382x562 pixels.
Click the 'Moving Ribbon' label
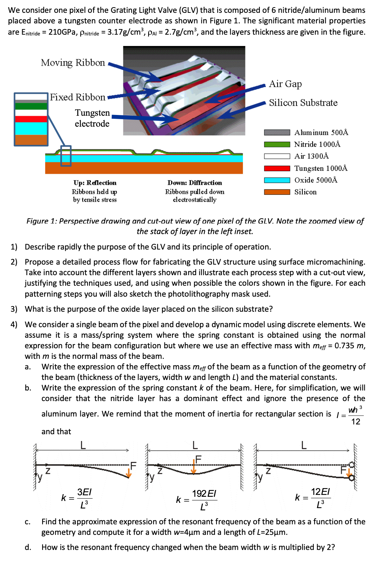[73, 63]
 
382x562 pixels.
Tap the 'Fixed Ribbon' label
[78, 97]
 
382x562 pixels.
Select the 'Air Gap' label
[285, 84]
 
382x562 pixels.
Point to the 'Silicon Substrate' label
[303, 103]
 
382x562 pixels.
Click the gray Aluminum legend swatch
[277, 132]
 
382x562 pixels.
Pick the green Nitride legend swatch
[277, 144]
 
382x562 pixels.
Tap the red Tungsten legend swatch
[277, 168]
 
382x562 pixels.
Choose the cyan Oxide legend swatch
[277, 180]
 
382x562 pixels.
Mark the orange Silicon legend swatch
[277, 192]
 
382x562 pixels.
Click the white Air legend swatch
[277, 156]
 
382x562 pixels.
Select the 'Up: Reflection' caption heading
[95, 183]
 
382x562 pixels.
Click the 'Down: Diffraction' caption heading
[195, 183]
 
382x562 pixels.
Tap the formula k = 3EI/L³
[77, 498]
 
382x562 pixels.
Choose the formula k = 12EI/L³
[313, 498]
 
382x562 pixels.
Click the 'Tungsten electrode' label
[92, 118]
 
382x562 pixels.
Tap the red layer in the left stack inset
[31, 119]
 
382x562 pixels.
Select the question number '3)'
[14, 309]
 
